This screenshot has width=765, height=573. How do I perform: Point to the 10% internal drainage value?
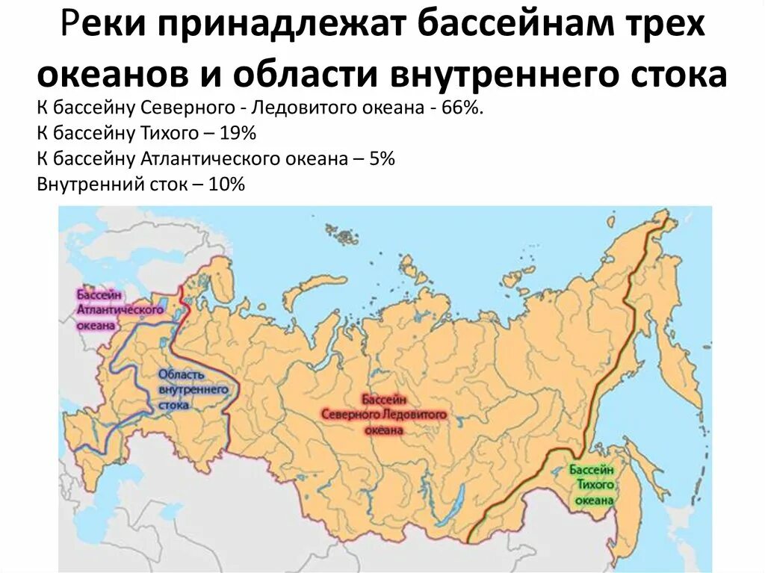[x=226, y=184]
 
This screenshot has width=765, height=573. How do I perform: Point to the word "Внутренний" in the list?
[x=84, y=184]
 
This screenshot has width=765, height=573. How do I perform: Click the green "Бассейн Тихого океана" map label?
[x=591, y=484]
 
